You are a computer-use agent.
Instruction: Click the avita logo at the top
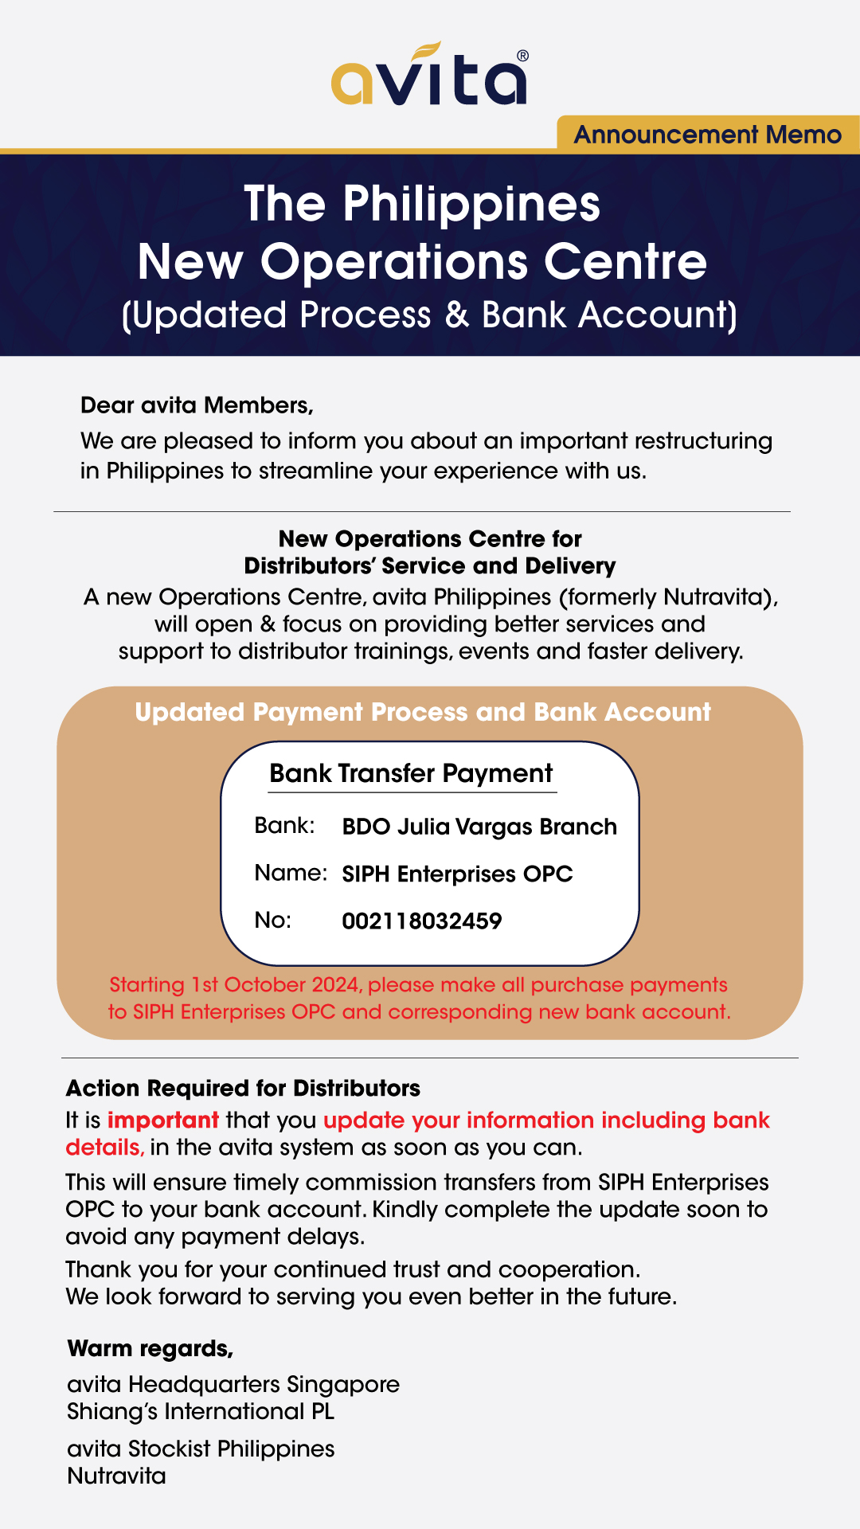(x=428, y=76)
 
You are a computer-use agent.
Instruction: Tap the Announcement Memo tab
(x=707, y=135)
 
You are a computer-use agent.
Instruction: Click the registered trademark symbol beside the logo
(x=522, y=56)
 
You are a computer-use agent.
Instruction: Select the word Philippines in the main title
(x=471, y=204)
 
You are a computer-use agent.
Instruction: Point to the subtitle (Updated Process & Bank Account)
(x=429, y=315)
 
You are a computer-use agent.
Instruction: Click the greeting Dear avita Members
(x=197, y=405)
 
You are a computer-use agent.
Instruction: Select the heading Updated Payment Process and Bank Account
(x=422, y=712)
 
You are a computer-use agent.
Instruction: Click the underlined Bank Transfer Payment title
(x=411, y=773)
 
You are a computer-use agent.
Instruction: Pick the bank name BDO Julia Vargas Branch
(x=479, y=827)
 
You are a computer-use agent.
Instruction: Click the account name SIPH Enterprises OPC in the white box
(x=457, y=874)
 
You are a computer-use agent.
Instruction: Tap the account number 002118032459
(x=422, y=921)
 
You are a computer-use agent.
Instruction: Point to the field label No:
(x=273, y=921)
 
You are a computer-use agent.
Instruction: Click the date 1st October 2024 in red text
(x=276, y=985)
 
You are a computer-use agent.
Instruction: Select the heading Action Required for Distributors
(x=243, y=1089)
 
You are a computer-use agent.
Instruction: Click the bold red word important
(x=163, y=1120)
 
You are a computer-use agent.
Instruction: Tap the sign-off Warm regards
(x=150, y=1349)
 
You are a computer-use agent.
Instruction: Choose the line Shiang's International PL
(x=201, y=1412)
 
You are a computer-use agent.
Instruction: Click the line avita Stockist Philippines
(x=201, y=1449)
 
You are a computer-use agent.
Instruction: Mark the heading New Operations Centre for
(x=430, y=539)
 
